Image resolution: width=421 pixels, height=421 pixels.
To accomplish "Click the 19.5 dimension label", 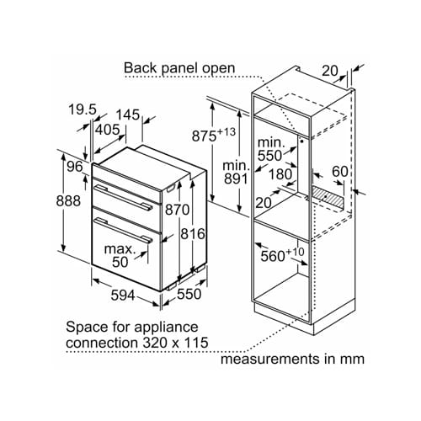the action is pyautogui.click(x=83, y=109).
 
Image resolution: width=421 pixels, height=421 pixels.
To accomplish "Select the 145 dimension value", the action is pyautogui.click(x=128, y=115).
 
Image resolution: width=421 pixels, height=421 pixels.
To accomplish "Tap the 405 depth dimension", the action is pyautogui.click(x=108, y=130).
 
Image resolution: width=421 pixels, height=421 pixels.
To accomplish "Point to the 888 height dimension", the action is pyautogui.click(x=68, y=201).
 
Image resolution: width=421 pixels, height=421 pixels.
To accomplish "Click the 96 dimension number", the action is pyautogui.click(x=75, y=167).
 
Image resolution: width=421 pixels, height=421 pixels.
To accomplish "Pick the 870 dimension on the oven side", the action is pyautogui.click(x=177, y=210).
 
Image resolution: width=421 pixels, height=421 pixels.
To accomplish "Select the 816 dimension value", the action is pyautogui.click(x=193, y=234).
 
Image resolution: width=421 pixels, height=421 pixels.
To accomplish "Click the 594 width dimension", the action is pyautogui.click(x=123, y=296).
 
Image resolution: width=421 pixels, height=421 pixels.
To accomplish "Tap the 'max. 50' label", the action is pyautogui.click(x=120, y=255).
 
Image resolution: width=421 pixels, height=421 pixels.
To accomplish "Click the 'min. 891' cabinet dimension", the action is pyautogui.click(x=236, y=173).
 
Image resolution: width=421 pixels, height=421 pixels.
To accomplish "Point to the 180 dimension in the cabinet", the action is pyautogui.click(x=280, y=174).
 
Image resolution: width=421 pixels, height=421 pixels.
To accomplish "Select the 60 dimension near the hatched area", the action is pyautogui.click(x=340, y=171).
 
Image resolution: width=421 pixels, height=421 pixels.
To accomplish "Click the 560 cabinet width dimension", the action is pyautogui.click(x=282, y=254).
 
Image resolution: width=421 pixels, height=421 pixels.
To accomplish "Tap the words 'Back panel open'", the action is pyautogui.click(x=179, y=68).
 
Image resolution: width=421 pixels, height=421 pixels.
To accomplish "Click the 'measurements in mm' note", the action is pyautogui.click(x=292, y=359).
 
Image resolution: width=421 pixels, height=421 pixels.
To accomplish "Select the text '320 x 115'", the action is pyautogui.click(x=175, y=343).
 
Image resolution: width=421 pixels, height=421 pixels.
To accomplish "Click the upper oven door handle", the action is pyautogui.click(x=122, y=197).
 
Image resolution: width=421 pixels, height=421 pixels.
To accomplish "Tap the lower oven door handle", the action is pyautogui.click(x=123, y=230).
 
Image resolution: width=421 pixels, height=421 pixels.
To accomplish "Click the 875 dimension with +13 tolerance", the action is pyautogui.click(x=214, y=135).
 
